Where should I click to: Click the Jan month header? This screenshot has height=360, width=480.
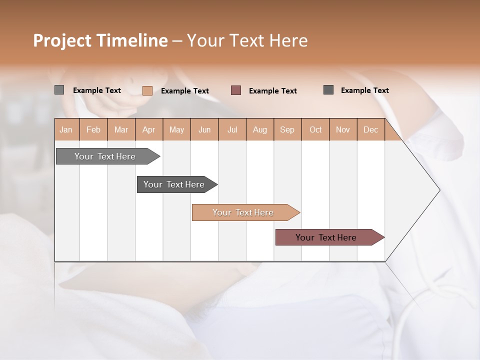pos(66,129)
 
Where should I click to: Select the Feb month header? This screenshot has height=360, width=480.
pos(93,129)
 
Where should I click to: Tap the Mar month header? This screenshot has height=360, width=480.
pos(121,129)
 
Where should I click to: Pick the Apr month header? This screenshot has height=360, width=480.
pos(149,129)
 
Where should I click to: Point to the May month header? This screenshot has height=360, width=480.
pos(176,129)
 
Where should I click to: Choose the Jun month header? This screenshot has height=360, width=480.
pos(204,129)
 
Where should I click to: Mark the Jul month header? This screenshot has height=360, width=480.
pos(232,129)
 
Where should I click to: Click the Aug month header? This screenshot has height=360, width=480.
pos(260,129)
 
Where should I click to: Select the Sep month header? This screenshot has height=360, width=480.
pos(287,129)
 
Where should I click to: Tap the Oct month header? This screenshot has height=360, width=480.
pos(315,129)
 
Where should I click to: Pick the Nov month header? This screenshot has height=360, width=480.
pos(343,129)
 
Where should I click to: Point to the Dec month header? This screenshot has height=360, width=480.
pos(370,129)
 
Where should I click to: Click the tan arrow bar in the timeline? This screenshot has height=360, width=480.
pos(243,212)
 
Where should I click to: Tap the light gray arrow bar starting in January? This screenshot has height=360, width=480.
pos(105,156)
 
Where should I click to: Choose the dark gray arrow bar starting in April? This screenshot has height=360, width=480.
pos(174,184)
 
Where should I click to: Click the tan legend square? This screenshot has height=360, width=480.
pos(147,90)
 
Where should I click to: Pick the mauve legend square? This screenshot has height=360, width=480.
pos(236,90)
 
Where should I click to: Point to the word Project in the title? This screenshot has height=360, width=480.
pos(62,40)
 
